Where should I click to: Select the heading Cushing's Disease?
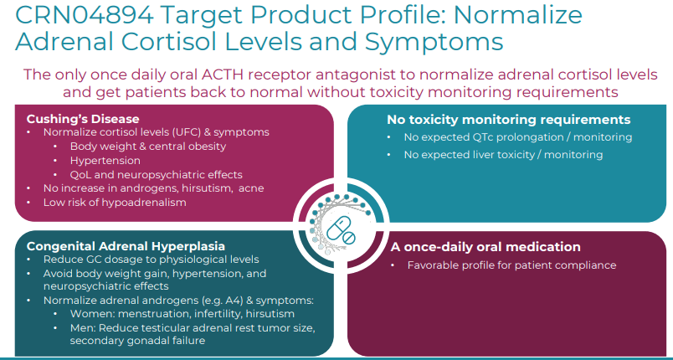pyautogui.click(x=83, y=119)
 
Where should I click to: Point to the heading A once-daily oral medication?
pyautogui.click(x=485, y=247)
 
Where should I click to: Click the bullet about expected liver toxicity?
pyautogui.click(x=503, y=154)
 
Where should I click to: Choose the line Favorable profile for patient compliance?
pyautogui.click(x=511, y=265)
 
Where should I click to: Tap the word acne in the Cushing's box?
pyautogui.click(x=249, y=188)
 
